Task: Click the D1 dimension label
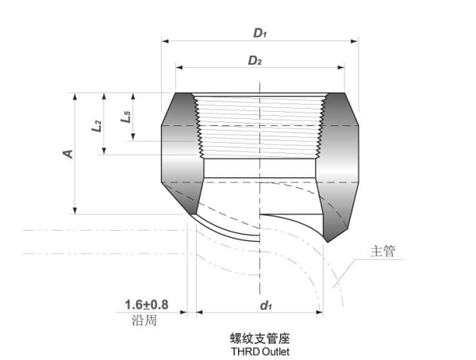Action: [x=260, y=33]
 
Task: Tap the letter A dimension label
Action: [x=68, y=152]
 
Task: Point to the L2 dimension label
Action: [x=97, y=124]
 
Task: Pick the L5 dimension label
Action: [x=125, y=119]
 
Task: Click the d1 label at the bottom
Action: [x=266, y=304]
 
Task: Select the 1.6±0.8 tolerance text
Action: [x=147, y=304]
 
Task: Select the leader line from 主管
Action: [x=350, y=270]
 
